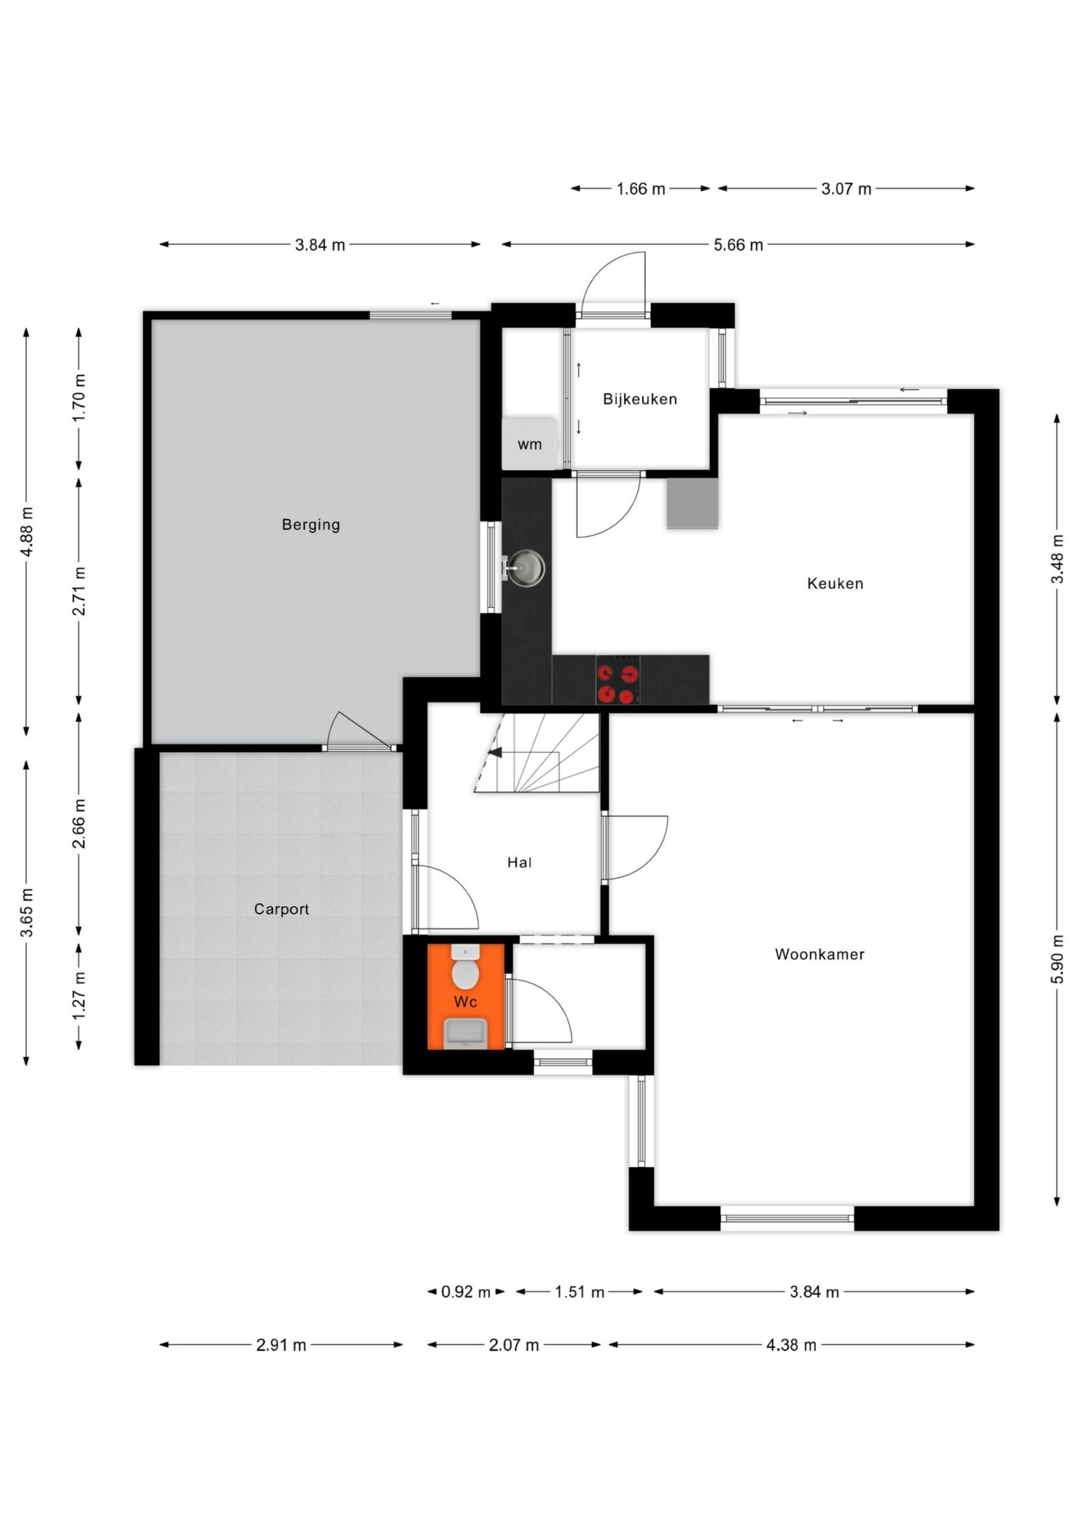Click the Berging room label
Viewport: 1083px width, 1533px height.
coord(311,525)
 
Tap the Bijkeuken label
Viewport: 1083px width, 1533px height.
coord(640,399)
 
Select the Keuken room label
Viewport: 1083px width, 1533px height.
coord(835,583)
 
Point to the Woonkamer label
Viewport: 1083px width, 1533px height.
coord(819,954)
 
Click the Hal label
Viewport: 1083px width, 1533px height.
coord(519,863)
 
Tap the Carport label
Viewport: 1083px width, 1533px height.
coord(281,910)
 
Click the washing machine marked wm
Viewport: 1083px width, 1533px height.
coord(529,443)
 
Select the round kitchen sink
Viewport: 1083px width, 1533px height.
coord(526,569)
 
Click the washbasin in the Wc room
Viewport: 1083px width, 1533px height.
coord(465,1034)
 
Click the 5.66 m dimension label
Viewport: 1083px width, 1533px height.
coord(738,245)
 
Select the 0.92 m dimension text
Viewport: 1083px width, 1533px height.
coord(465,1292)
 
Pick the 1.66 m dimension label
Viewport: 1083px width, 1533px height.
coord(641,189)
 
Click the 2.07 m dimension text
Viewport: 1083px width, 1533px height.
coord(513,1345)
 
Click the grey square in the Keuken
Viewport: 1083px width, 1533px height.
coord(692,504)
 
